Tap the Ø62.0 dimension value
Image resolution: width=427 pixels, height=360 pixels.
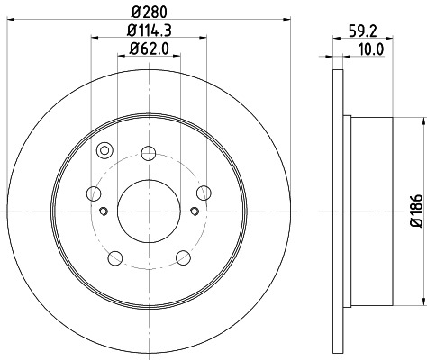pos(150,48)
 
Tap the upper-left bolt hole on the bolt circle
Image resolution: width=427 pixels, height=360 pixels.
pos(95,191)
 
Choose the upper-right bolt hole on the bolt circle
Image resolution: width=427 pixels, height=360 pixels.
pos(204,191)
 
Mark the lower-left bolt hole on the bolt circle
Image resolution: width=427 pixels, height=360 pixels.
pos(114,257)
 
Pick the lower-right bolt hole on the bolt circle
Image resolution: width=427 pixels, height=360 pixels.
pos(184,257)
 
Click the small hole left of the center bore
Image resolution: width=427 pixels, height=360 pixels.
pos(104,211)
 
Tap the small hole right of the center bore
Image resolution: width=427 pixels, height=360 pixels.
pos(195,211)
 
